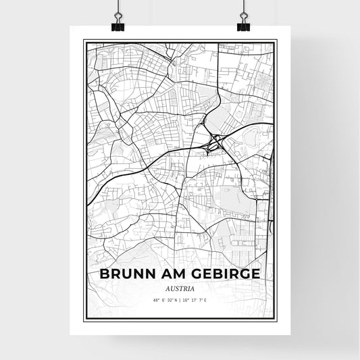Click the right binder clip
click(x=242, y=26)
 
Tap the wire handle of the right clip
click(x=242, y=12)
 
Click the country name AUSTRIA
click(x=180, y=288)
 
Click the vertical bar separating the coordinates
click(x=180, y=299)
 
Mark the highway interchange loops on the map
click(x=215, y=143)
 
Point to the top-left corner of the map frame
click(x=84, y=41)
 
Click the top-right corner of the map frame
click(x=276, y=41)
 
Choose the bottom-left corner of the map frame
click(x=84, y=322)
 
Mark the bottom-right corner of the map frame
click(x=276, y=322)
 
